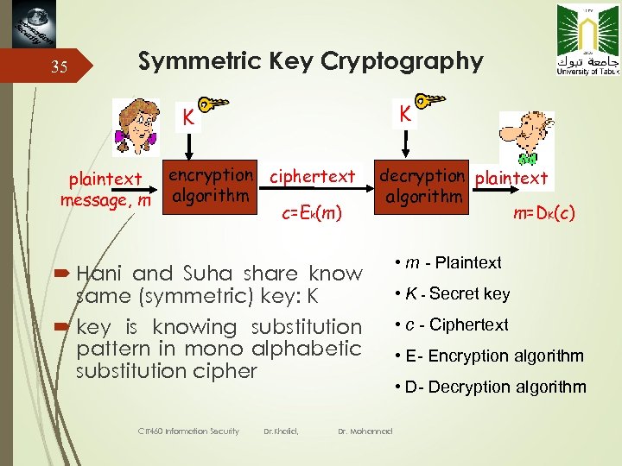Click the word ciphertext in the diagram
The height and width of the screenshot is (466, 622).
tap(312, 177)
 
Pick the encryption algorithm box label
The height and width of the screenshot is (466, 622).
tap(211, 185)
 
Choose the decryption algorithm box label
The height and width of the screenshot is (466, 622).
tap(422, 186)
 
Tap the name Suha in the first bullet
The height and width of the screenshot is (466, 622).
tap(208, 274)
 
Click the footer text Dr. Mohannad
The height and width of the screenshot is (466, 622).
tap(365, 431)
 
